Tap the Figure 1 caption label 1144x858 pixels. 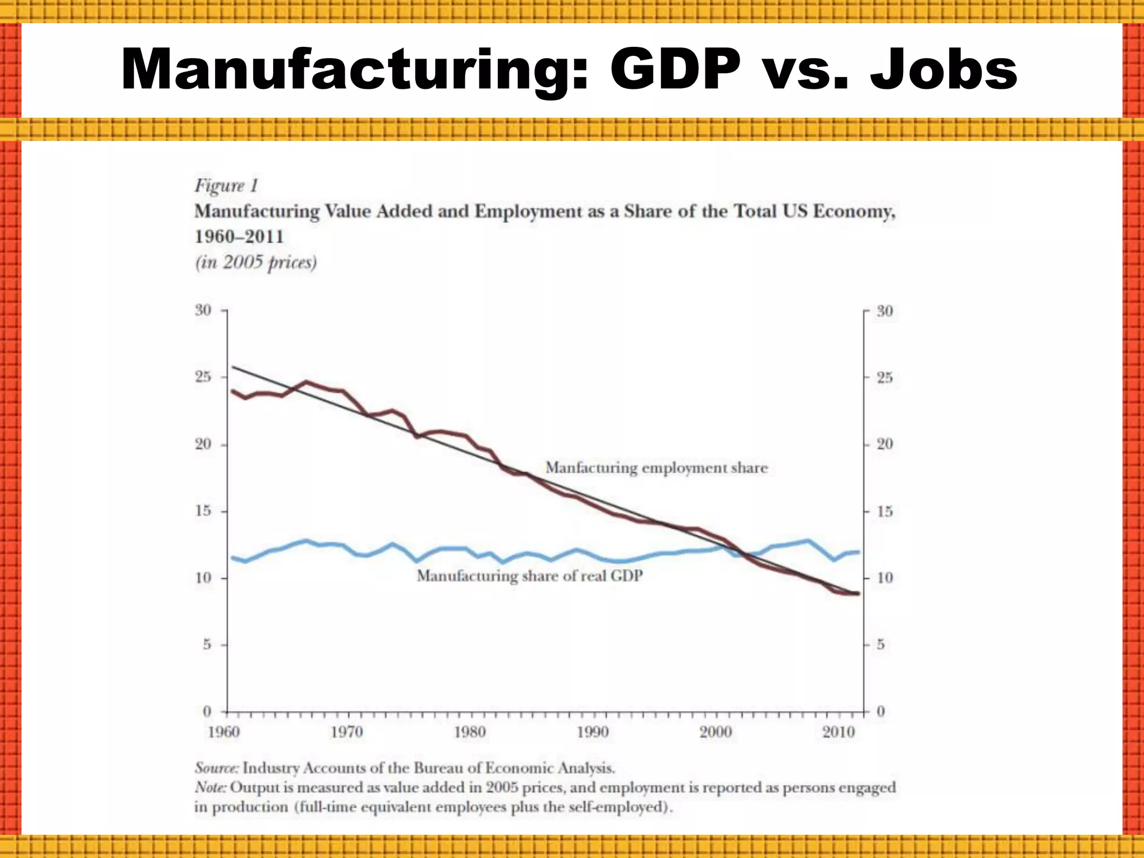click(226, 185)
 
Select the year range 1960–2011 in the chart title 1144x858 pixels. click(239, 236)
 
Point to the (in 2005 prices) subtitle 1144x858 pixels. click(256, 262)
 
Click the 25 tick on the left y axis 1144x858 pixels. click(203, 377)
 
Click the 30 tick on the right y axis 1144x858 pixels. click(885, 311)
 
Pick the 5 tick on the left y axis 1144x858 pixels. click(207, 645)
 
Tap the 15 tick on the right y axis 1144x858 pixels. click(885, 511)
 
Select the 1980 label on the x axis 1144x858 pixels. click(470, 732)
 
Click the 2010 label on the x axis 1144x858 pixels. click(838, 732)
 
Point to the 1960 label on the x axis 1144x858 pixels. click(224, 732)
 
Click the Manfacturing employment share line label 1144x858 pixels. click(656, 468)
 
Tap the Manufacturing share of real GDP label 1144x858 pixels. click(530, 575)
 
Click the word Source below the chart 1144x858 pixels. click(216, 768)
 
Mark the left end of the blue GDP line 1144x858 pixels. click(233, 557)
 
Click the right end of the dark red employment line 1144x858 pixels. click(858, 593)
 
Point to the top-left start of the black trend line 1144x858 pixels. click(233, 367)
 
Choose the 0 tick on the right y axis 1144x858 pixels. click(881, 712)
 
